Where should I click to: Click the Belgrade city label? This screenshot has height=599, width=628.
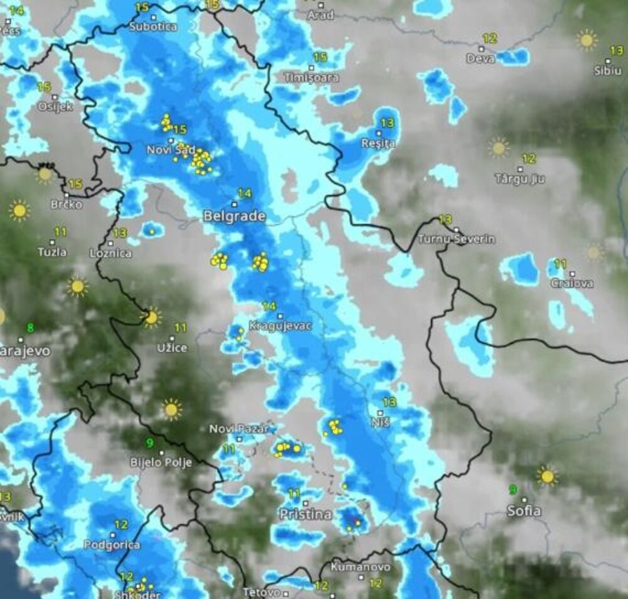coord(234,216)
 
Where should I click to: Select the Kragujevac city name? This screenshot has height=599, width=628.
coord(280,326)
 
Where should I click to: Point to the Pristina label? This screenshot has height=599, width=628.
coord(305,514)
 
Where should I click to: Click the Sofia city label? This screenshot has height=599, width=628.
coord(524,511)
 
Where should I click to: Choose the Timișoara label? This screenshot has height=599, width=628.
coord(311,78)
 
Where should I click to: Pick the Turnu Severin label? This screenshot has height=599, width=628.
coord(457,239)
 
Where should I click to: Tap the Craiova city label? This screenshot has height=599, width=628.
coord(571,283)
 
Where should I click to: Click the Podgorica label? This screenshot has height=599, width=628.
coord(112,545)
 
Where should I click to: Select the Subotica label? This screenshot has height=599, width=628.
coord(153,26)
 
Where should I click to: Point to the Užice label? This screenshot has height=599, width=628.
coord(172,347)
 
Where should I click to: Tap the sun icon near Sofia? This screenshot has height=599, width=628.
coord(548,476)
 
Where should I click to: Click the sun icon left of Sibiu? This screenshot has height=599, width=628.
coord(587,40)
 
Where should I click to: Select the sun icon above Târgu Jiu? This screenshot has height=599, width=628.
coord(499,148)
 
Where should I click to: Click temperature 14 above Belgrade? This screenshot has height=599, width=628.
coord(244,193)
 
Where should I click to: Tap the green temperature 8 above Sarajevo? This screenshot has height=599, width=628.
coord(30,327)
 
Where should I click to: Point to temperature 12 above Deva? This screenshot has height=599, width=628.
coord(490,38)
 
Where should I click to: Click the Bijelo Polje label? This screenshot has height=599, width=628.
coord(161,462)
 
